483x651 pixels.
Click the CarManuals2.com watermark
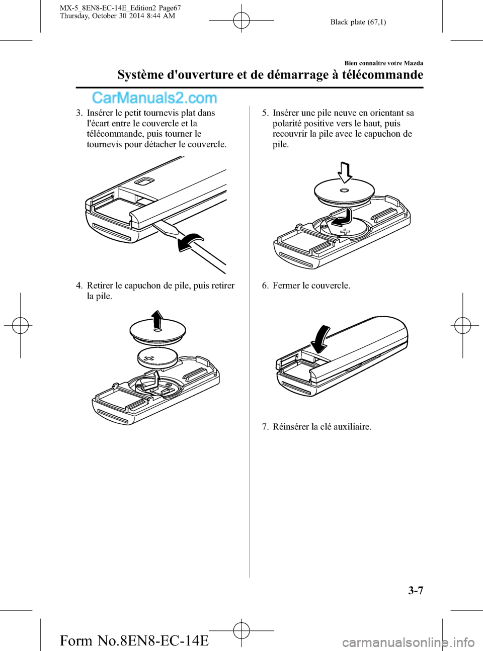[155, 99]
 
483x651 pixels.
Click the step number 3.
[78, 113]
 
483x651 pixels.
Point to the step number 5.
[265, 113]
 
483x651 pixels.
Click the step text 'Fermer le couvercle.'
[311, 286]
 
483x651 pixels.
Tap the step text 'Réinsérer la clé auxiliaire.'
[322, 426]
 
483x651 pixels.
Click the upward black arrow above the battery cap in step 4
[157, 321]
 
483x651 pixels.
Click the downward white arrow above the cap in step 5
[345, 172]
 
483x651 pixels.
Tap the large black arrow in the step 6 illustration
[320, 339]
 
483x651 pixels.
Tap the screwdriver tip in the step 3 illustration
[155, 225]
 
